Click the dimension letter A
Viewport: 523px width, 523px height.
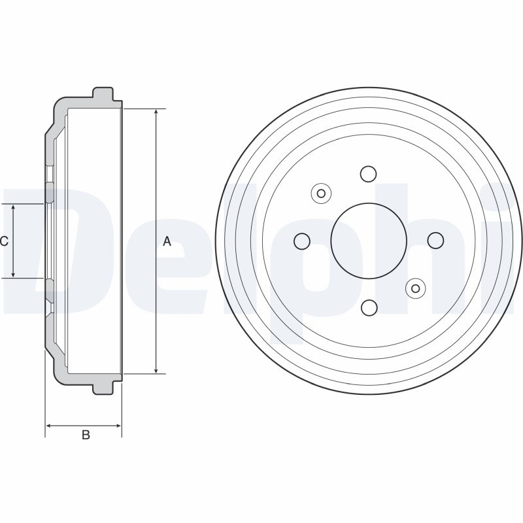tap(167, 241)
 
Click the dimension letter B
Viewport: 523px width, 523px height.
tap(86, 435)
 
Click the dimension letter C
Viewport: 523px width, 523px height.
tap(4, 241)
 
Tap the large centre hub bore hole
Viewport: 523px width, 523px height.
tap(369, 241)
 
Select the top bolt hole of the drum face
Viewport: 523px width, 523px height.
tap(369, 174)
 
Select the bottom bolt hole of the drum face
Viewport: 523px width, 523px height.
tap(369, 307)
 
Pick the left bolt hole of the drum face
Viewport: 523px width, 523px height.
tap(302, 241)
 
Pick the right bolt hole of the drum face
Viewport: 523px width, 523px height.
tap(435, 241)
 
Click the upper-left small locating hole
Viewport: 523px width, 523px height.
tap(321, 193)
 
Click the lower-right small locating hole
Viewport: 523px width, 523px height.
tap(416, 288)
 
